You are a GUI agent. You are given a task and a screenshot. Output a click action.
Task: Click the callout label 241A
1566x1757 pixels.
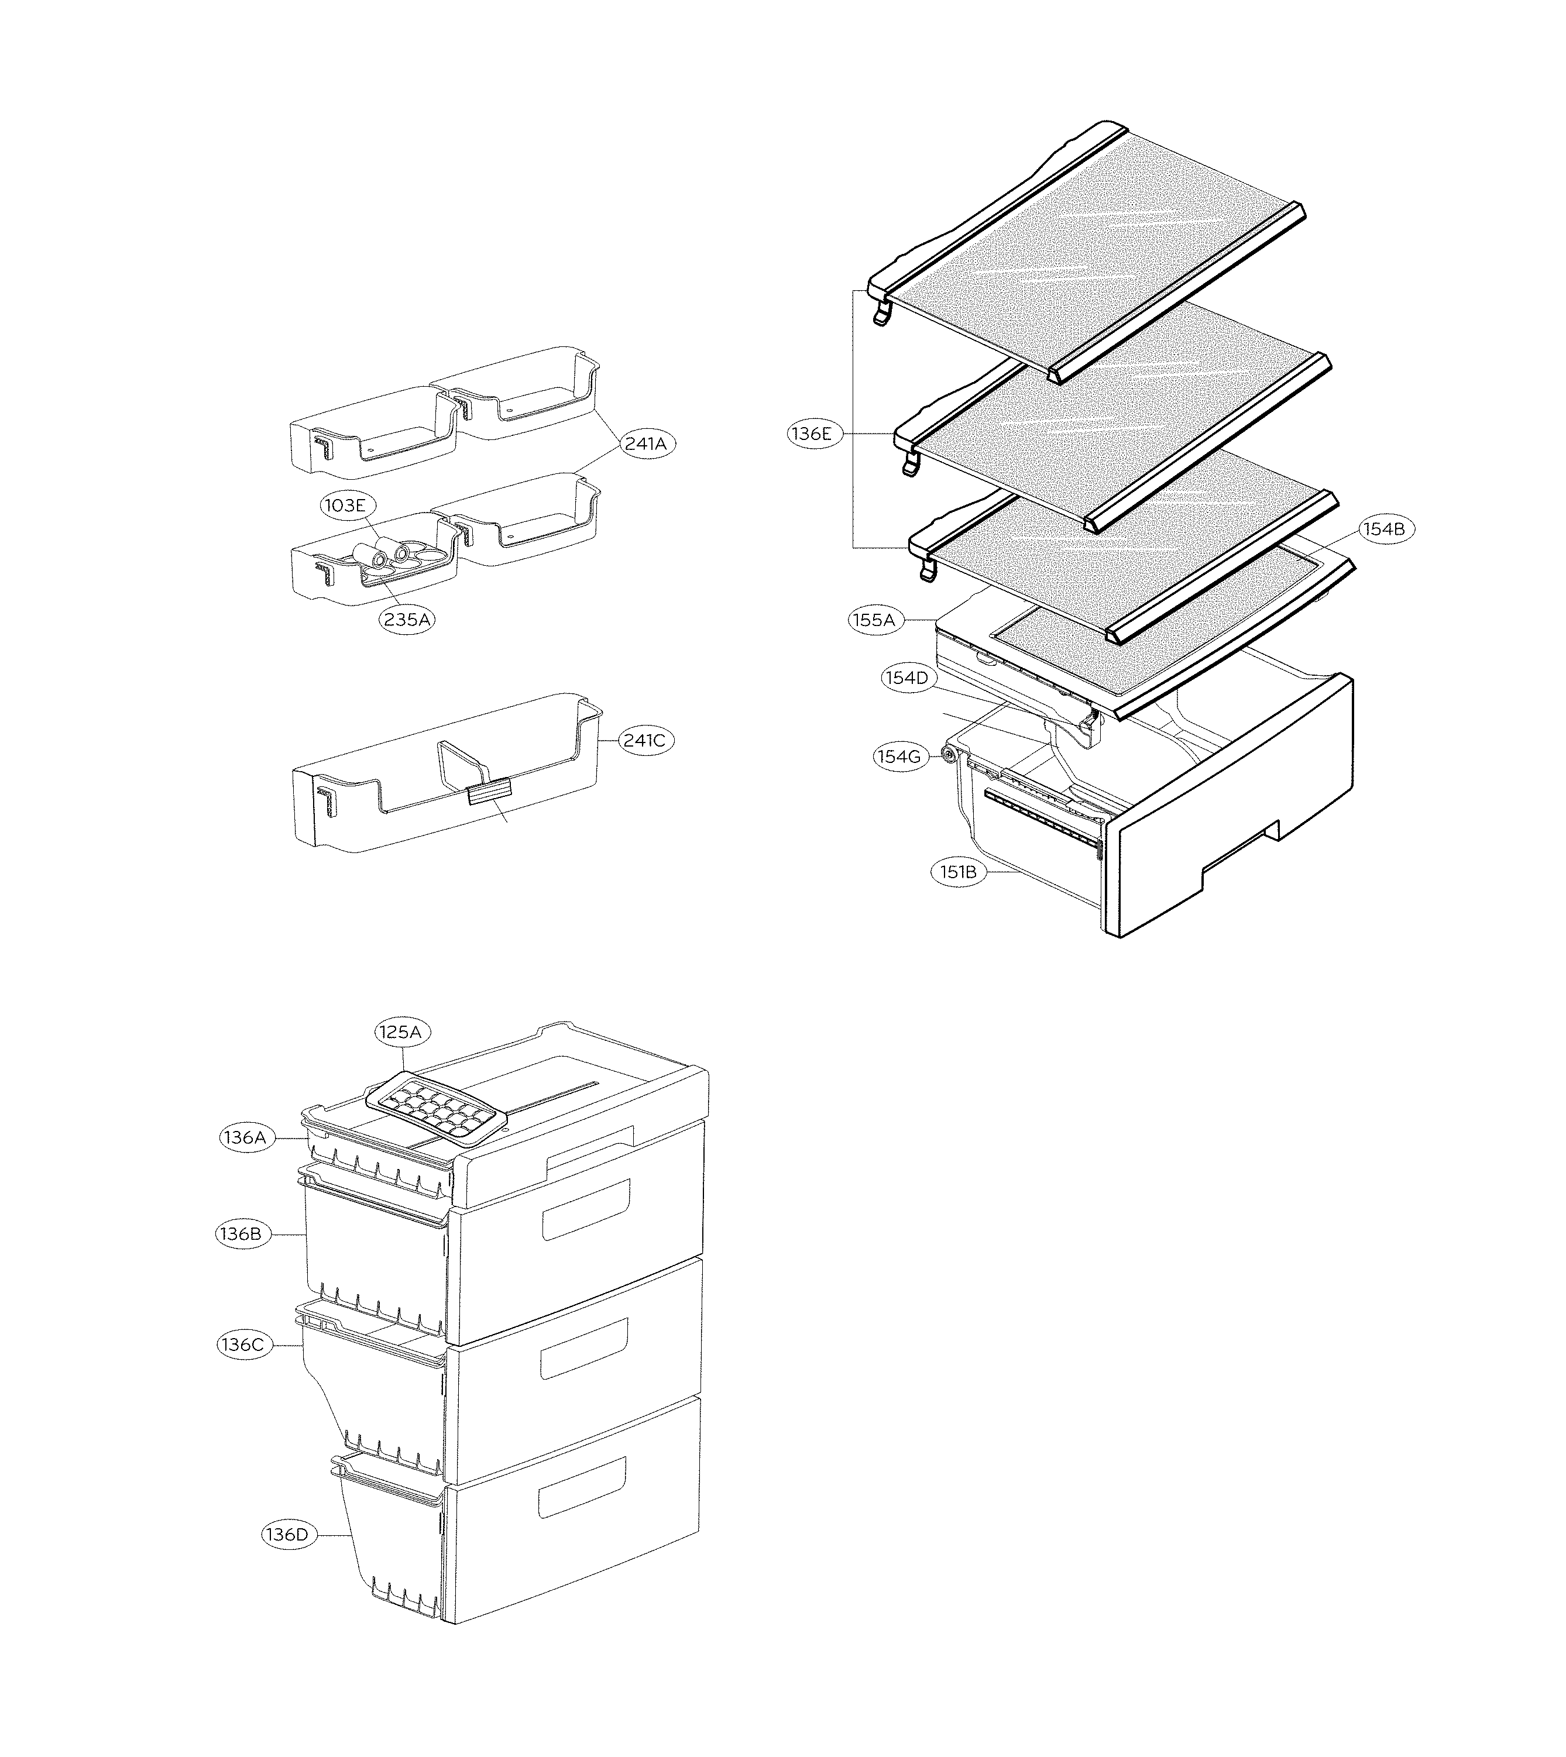645,444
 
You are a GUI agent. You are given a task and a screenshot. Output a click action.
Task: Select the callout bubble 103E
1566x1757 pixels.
344,505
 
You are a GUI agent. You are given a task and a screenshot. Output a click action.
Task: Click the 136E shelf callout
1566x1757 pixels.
811,434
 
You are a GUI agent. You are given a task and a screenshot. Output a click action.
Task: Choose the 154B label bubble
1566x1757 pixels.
1383,529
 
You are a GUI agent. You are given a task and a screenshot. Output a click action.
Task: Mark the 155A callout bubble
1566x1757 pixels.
875,620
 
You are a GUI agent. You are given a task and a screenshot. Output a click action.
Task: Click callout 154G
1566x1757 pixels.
898,757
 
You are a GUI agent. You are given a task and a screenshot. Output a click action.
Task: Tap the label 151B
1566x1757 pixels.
957,872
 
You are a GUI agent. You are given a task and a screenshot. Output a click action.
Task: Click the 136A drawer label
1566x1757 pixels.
245,1137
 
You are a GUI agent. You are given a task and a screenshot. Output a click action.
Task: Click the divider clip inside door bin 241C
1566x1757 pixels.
488,789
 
